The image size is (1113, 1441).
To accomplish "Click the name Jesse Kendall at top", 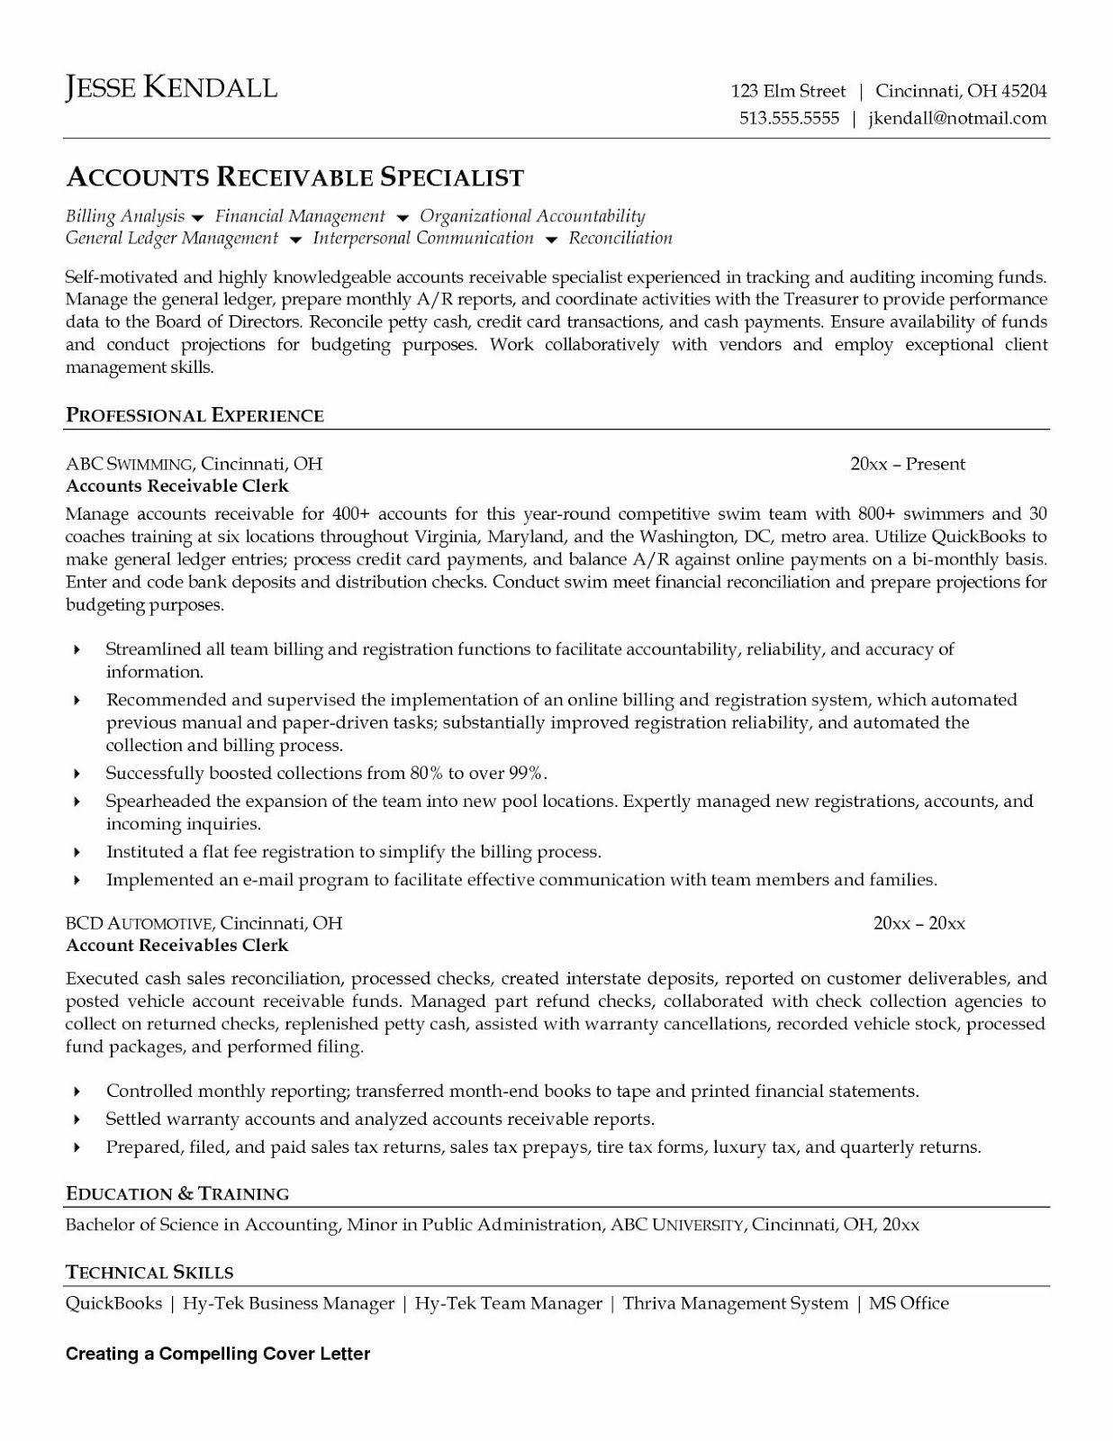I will tap(171, 87).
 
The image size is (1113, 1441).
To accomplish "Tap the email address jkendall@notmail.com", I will tap(957, 118).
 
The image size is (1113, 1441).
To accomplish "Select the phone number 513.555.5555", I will tap(789, 118).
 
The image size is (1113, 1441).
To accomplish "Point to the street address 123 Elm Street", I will tap(788, 91).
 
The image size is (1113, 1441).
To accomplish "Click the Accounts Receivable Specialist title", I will tap(294, 177).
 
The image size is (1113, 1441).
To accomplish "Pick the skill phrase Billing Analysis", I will tap(124, 216).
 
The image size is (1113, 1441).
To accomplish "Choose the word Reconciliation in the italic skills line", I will tap(620, 239).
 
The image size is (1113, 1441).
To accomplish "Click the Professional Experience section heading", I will tap(195, 415).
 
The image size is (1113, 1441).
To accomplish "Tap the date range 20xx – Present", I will tap(907, 465).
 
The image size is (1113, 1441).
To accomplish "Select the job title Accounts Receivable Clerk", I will tap(177, 486).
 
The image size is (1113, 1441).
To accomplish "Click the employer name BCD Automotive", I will tap(139, 923).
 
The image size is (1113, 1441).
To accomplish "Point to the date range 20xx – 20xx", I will tap(918, 923).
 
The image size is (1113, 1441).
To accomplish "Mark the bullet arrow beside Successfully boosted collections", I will tap(77, 774).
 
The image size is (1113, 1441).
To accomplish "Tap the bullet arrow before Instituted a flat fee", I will tap(77, 852).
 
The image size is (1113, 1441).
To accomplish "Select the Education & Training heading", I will tap(177, 1193).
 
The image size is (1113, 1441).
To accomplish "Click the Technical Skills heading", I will tap(149, 1273).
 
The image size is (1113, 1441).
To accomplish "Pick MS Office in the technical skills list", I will tap(908, 1303).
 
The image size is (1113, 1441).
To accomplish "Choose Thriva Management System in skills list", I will tap(735, 1303).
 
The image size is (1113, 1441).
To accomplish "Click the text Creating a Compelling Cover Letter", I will tap(218, 1354).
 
